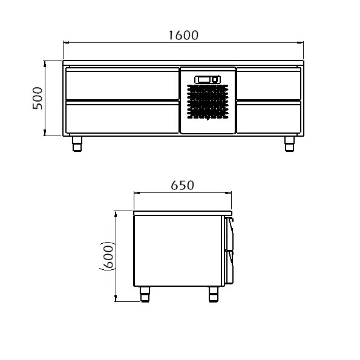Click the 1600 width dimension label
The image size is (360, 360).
pos(183,35)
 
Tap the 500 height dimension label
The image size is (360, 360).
pos(38,98)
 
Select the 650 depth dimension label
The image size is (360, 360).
pos(183,185)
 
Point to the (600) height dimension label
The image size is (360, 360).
pos(108,256)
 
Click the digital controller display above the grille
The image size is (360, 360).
pos(208,79)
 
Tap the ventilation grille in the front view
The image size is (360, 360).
pos(208,102)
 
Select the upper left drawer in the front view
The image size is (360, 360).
pos(122,83)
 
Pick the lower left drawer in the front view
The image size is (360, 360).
pos(122,117)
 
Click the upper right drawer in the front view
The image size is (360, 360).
pos(269,83)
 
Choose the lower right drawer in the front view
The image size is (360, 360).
pos(269,117)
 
